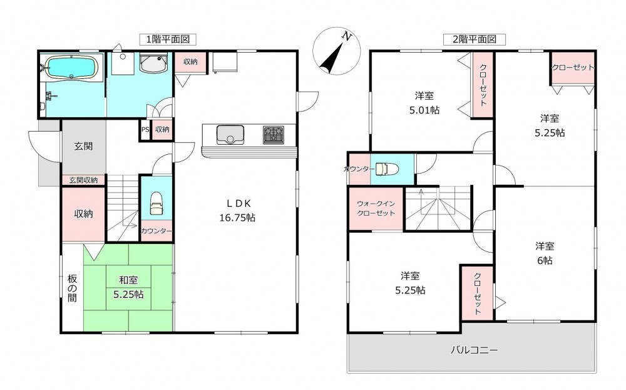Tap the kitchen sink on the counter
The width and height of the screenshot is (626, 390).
[230, 135]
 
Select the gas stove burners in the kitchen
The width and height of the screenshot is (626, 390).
[274, 135]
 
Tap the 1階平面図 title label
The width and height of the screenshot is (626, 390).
[168, 40]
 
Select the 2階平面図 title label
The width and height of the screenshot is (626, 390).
[475, 40]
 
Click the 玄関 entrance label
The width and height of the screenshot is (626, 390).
[83, 146]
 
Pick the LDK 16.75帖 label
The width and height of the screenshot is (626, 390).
[237, 211]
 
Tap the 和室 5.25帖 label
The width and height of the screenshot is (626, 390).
[128, 287]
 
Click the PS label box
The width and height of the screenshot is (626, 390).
[145, 130]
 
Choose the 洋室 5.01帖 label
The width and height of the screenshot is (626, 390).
[424, 103]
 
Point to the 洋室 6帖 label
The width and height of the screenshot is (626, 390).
[545, 253]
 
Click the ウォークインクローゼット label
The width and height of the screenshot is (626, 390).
[376, 208]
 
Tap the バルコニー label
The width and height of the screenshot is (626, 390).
[475, 350]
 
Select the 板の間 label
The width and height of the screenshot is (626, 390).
[72, 288]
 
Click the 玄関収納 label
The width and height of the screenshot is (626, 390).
[83, 180]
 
